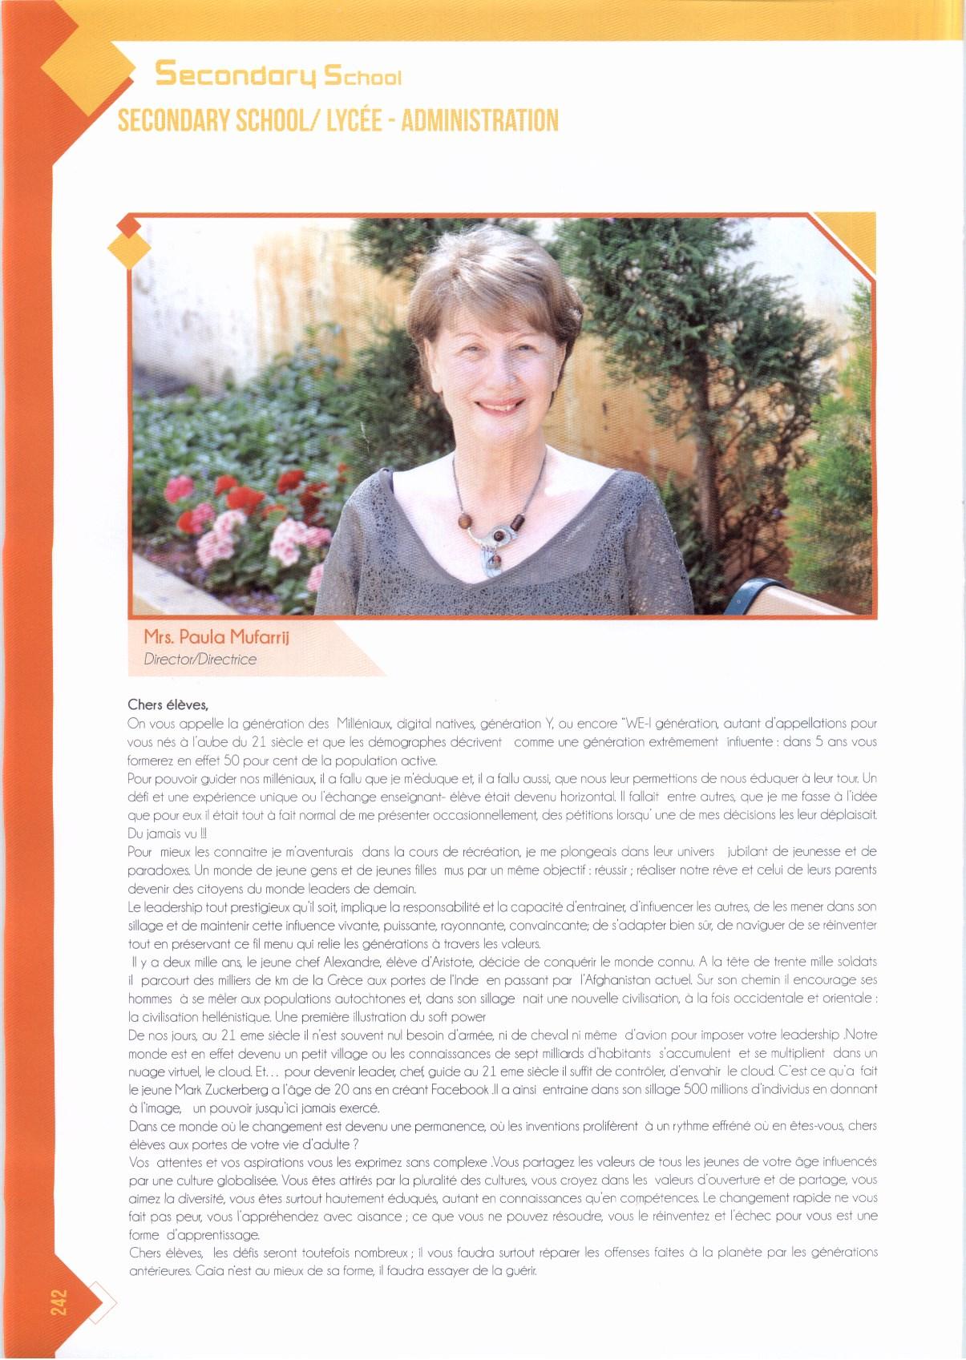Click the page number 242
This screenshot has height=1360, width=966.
(x=59, y=1301)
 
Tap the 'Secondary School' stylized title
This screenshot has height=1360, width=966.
(x=277, y=75)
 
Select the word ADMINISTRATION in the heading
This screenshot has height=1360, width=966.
(x=479, y=121)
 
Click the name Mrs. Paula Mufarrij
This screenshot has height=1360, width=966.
(x=216, y=637)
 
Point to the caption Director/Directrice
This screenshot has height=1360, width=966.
(x=200, y=660)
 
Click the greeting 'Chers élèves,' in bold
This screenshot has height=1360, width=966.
(x=168, y=705)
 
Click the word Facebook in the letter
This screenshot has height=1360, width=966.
(x=459, y=1090)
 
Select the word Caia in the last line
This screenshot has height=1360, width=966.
(x=203, y=1271)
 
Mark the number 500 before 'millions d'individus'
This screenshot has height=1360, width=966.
(x=695, y=1090)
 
